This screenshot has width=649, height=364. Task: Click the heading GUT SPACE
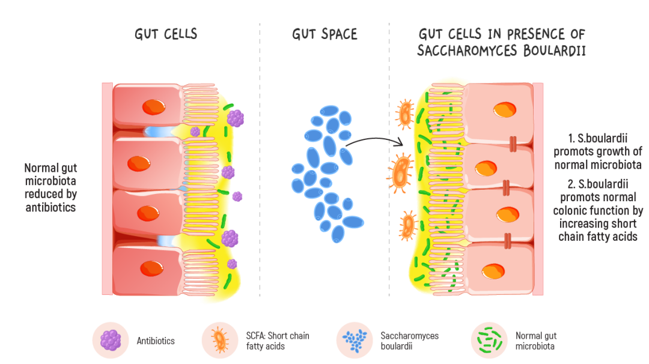pyautogui.click(x=324, y=34)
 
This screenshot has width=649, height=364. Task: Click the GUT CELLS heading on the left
pyautogui.click(x=166, y=34)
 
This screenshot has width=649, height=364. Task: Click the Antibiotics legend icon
pyautogui.click(x=110, y=340)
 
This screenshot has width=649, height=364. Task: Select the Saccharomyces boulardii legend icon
pyautogui.click(x=355, y=340)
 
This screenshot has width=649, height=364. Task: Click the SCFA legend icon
pyautogui.click(x=220, y=340)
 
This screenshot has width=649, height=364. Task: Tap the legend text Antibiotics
pyautogui.click(x=156, y=341)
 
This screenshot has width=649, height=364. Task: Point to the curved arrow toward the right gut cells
pyautogui.click(x=373, y=141)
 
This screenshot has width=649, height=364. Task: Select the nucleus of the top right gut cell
pyautogui.click(x=504, y=110)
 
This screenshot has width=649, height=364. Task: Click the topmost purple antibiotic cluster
pyautogui.click(x=236, y=118)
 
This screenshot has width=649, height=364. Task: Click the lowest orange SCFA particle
pyautogui.click(x=409, y=225)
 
